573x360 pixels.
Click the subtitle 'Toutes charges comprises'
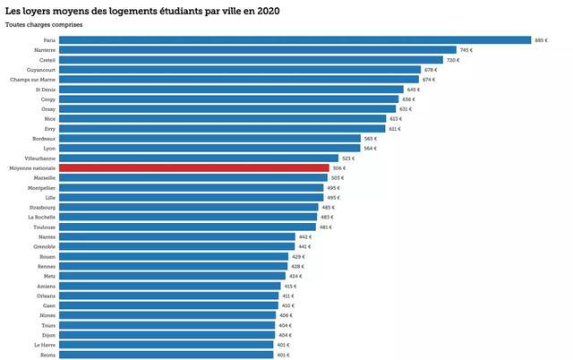tap(44, 25)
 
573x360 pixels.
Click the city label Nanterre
tap(45, 50)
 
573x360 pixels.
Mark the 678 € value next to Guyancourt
tap(430, 70)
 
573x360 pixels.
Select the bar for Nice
tap(223, 118)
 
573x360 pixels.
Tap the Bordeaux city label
tap(45, 138)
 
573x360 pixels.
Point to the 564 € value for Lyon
tap(371, 148)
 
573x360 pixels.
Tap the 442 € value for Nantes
tap(304, 236)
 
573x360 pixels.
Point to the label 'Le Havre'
tap(45, 344)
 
